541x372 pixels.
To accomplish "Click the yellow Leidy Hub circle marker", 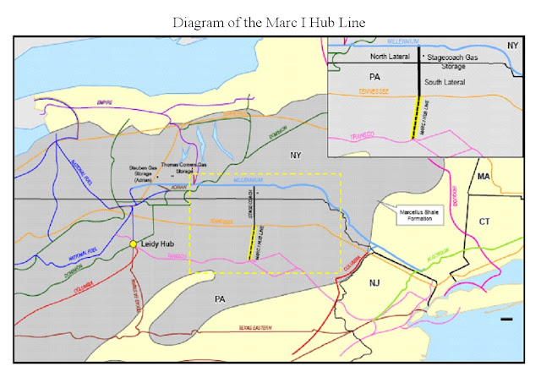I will (133, 244).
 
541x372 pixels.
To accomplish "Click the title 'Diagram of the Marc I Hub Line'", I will (270, 22).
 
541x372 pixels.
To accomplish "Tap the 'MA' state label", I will (484, 177).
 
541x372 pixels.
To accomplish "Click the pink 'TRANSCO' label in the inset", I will (367, 127).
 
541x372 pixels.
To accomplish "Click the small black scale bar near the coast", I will (505, 320).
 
